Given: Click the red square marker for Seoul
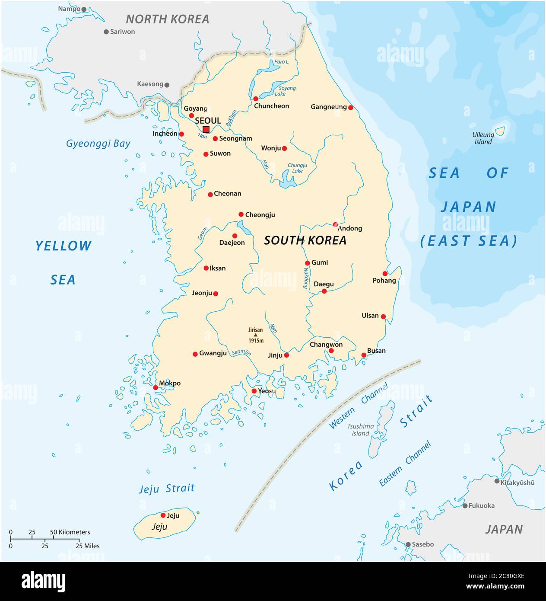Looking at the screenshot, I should click(206, 129).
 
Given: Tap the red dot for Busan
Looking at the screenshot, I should click(364, 355).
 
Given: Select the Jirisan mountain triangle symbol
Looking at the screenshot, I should click(255, 335).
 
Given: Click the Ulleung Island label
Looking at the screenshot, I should click(483, 138).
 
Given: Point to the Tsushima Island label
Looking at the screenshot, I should click(360, 430).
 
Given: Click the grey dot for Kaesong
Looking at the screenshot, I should click(167, 85).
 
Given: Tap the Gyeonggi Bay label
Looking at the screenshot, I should click(98, 144).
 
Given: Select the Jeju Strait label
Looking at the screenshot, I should click(166, 489).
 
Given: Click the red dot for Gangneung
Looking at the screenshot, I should click(350, 108).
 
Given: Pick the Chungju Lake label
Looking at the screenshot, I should click(297, 168).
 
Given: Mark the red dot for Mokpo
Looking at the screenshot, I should click(156, 387).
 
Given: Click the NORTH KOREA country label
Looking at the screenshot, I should click(167, 19).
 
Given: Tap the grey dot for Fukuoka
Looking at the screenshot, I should click(465, 505).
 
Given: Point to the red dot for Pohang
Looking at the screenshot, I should click(385, 274).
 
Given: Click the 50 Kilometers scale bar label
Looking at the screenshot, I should click(70, 532).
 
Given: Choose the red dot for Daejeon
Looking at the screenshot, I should click(235, 236).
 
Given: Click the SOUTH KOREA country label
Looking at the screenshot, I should click(305, 240).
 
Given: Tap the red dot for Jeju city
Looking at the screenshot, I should click(163, 515).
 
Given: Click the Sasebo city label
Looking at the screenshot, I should click(422, 544).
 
